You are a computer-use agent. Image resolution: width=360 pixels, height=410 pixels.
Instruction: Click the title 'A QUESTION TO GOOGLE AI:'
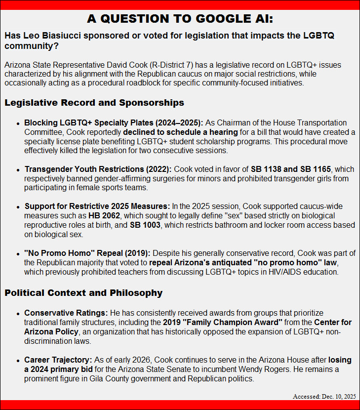(180, 19)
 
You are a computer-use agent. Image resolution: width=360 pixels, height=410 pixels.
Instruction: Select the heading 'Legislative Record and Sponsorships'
(94, 103)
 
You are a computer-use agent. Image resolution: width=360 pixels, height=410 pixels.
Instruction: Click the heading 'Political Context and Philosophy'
(83, 293)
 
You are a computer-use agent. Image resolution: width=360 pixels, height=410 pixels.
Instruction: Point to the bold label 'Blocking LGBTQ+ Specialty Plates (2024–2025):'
(114, 123)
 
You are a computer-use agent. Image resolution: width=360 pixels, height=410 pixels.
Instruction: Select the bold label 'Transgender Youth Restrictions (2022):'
(98, 169)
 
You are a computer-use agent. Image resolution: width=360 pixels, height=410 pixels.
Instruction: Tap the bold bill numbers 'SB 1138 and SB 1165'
(291, 169)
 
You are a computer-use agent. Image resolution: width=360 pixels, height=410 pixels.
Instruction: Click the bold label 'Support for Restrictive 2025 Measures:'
(97, 205)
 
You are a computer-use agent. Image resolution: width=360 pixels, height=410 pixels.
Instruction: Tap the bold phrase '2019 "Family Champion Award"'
(223, 322)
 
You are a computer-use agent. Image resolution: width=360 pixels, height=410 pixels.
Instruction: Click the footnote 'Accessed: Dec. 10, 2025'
(324, 396)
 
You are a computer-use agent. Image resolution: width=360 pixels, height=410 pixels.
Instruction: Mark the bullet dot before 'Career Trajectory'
(19, 361)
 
